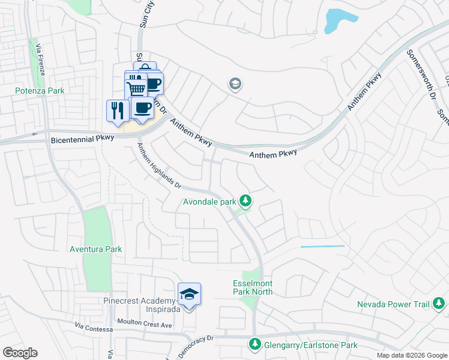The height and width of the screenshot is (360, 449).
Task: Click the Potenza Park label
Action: tap(40, 91)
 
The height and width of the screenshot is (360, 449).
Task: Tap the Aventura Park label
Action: tap(95, 249)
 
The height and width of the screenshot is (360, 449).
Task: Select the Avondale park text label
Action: tap(209, 202)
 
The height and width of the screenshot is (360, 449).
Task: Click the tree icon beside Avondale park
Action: tap(245, 200)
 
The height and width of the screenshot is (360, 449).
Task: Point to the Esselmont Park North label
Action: tap(252, 287)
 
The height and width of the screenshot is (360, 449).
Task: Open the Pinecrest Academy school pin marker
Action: tap(189, 295)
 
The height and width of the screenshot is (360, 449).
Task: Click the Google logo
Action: tap(20, 353)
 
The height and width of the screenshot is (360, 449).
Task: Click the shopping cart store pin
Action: tap(136, 89)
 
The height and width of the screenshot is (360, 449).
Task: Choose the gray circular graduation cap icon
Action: tap(235, 84)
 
